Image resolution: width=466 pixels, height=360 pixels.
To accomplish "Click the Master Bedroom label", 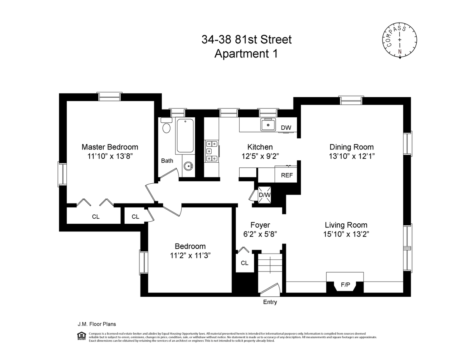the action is (x=110, y=147).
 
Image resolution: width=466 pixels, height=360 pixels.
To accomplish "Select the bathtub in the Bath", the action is (x=185, y=136).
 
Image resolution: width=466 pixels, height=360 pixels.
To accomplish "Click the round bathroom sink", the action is (x=188, y=166).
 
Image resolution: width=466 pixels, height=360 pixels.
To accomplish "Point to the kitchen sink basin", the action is (x=268, y=125).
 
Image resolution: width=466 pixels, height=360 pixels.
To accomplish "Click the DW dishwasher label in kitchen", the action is (x=286, y=128).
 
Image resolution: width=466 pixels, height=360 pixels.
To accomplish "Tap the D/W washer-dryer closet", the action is (x=264, y=195).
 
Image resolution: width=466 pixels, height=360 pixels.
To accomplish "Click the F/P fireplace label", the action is (x=346, y=285).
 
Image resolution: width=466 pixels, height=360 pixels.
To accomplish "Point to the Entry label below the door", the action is (x=270, y=302).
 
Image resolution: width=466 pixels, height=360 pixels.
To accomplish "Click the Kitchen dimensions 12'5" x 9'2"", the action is (x=260, y=156).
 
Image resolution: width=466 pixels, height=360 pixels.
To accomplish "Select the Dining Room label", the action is (x=351, y=147).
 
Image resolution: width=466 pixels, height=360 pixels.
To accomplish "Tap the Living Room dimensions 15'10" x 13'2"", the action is (x=346, y=234).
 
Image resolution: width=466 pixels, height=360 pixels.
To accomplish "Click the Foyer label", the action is (x=260, y=225).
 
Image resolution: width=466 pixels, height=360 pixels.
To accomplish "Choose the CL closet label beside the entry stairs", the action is (x=245, y=263).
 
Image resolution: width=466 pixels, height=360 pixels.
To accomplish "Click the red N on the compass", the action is (x=400, y=52).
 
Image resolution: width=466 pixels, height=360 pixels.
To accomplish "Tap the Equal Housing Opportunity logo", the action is (x=82, y=336).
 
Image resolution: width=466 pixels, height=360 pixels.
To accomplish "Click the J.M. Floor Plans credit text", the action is (x=97, y=324).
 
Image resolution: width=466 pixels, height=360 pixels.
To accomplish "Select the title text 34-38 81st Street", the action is (x=247, y=40).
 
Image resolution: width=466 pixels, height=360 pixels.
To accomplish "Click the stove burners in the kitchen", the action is (x=212, y=151).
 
